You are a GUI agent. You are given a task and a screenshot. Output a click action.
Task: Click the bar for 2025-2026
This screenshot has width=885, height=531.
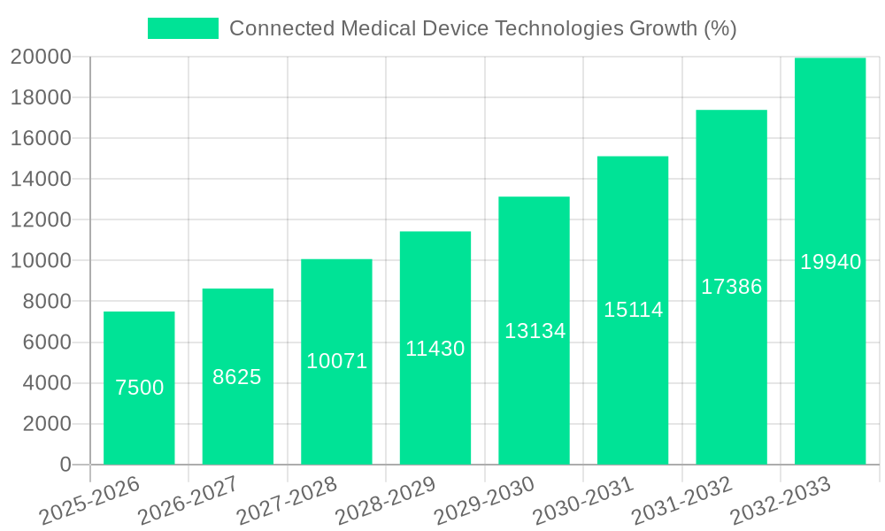(139, 425)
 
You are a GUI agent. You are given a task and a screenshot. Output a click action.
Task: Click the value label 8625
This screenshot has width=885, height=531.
(237, 377)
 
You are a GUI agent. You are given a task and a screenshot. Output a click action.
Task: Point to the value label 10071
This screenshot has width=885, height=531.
(336, 361)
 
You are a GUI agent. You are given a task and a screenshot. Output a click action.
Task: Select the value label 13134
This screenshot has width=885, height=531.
(535, 331)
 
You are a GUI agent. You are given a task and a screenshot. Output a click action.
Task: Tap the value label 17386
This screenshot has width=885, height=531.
(731, 287)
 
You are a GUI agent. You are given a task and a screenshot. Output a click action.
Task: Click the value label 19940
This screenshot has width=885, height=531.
(830, 262)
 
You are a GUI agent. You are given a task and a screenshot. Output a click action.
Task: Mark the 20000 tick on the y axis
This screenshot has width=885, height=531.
(40, 57)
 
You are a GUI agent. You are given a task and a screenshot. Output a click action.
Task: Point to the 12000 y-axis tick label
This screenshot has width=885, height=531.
(40, 220)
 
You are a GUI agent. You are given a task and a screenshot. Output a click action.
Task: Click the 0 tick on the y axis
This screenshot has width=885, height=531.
(65, 465)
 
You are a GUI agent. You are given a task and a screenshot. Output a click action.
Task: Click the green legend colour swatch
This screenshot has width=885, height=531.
(182, 28)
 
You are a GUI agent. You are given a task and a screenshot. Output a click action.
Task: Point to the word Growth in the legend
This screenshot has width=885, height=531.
(662, 28)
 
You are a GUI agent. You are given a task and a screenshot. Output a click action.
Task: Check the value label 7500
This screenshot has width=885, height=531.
(139, 388)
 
